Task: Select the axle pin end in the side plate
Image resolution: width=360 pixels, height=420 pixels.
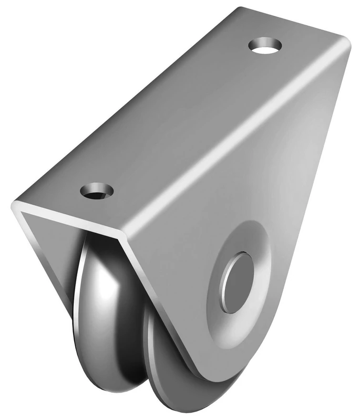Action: (x=237, y=282)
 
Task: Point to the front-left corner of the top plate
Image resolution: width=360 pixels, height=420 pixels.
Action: (x=15, y=206)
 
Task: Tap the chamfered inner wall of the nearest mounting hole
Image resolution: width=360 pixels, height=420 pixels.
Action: (x=92, y=188)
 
